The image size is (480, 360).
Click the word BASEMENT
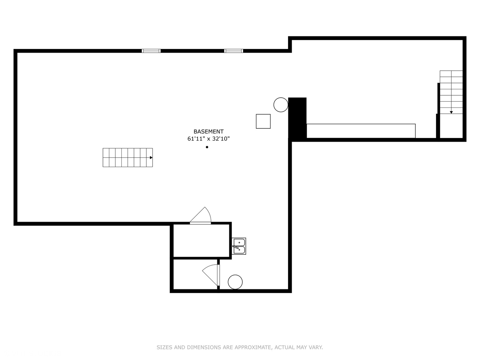pos(208,131)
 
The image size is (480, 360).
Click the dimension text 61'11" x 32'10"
pos(208,139)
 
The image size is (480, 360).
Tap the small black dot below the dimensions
pos(207,147)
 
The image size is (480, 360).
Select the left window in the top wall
pos(151,51)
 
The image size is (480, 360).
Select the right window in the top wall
pos(234,51)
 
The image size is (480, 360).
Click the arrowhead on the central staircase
pos(151,158)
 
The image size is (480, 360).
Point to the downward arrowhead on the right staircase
pos(451,112)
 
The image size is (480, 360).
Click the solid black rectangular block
pos(297,118)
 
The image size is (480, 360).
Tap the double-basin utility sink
pos(239,246)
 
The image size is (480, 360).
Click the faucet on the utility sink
pos(236,247)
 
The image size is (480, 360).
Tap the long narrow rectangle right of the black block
pos(361,131)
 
